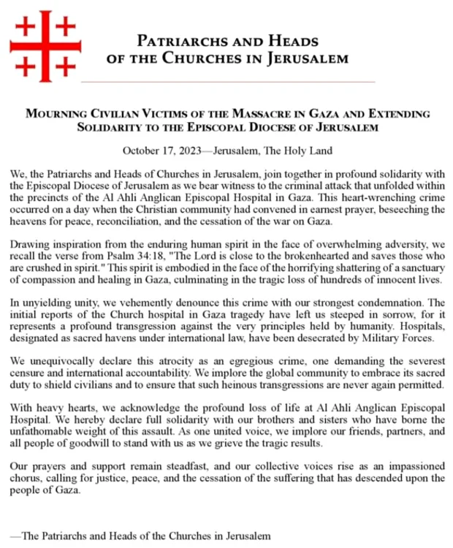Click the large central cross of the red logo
[x=45, y=46]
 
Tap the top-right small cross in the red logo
[x=66, y=26]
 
